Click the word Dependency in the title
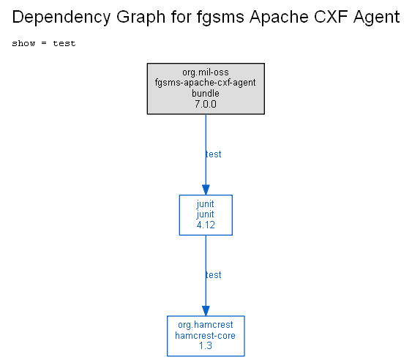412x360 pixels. click(61, 18)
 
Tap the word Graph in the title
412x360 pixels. click(141, 18)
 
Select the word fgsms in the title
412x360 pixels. click(220, 18)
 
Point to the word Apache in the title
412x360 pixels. click(279, 18)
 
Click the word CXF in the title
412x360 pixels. click(331, 17)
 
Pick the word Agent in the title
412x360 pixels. click(377, 18)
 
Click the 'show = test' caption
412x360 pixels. click(44, 43)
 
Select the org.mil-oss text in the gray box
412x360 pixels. click(206, 72)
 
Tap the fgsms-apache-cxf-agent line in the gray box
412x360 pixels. click(205, 83)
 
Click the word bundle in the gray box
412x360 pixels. click(206, 93)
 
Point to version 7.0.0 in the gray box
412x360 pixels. click(206, 104)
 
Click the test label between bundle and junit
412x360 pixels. click(214, 154)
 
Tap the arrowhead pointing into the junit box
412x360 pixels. click(206, 190)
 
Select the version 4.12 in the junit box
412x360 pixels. click(206, 225)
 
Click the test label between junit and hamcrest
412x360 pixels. click(214, 275)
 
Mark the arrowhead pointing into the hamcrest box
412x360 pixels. click(206, 311)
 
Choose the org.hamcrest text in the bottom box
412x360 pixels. click(206, 325)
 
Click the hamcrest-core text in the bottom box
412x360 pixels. click(205, 336)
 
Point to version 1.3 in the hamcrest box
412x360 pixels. click(206, 346)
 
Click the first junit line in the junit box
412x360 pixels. click(205, 204)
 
